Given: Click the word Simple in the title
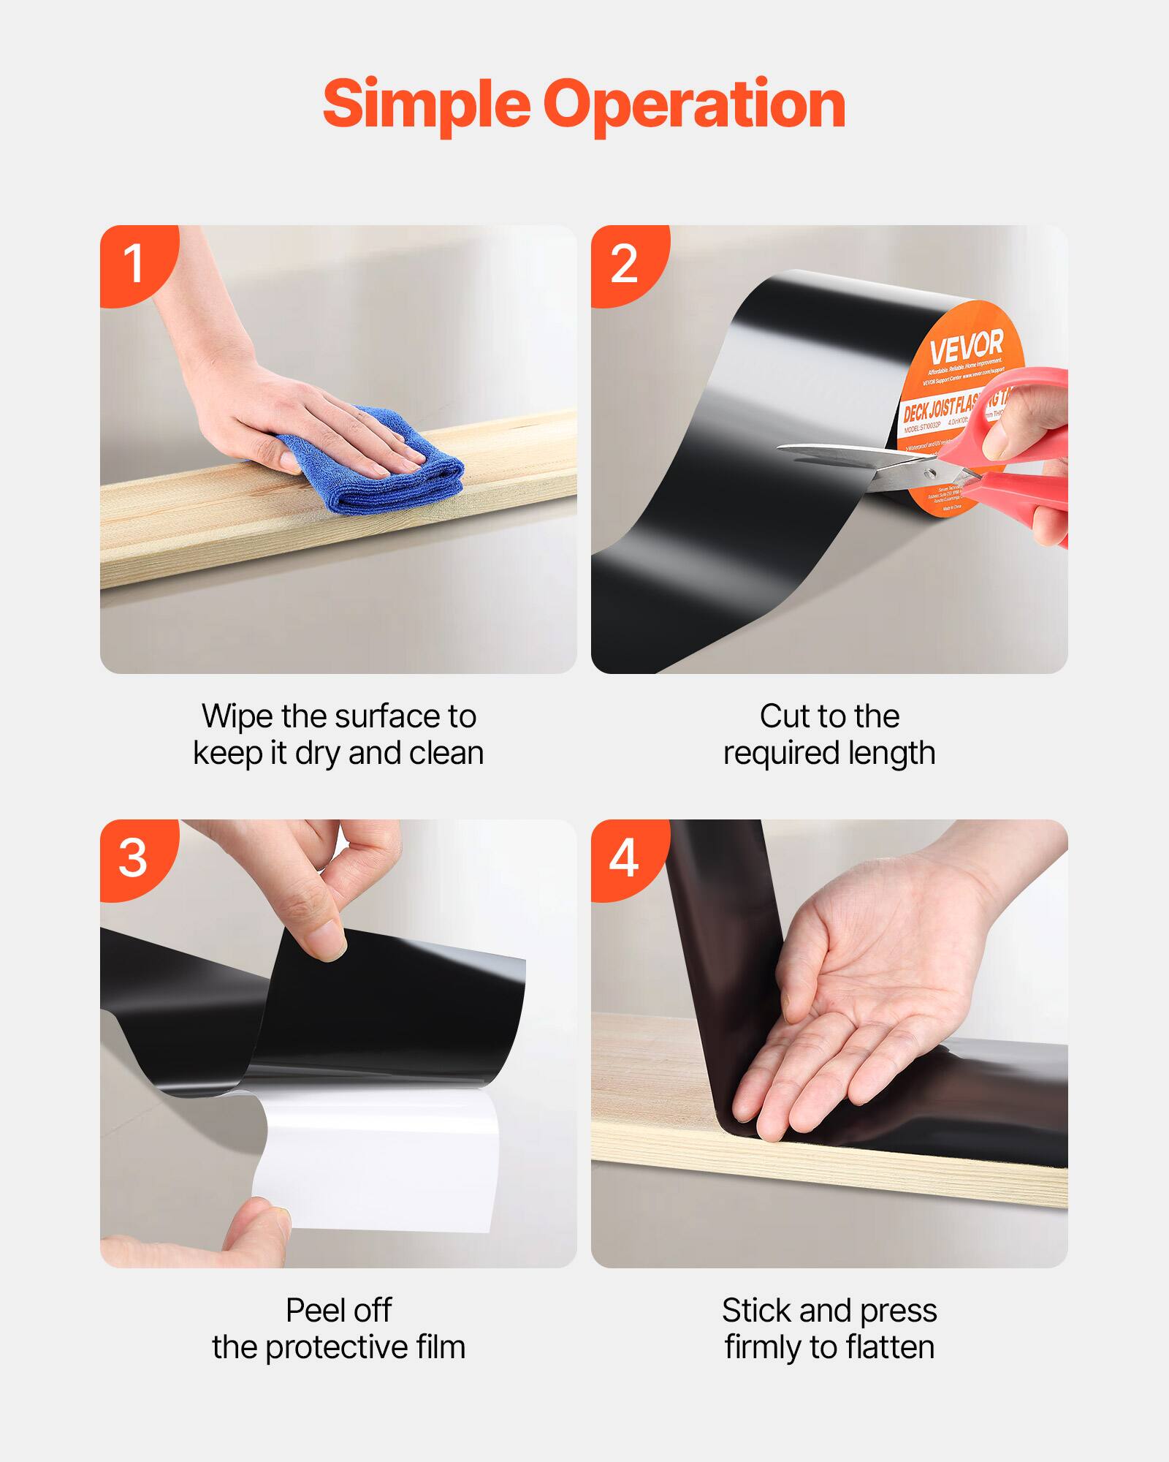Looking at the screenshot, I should coord(426,105).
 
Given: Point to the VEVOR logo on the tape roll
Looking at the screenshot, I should coord(966,346).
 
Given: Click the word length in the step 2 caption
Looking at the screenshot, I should coord(891,754).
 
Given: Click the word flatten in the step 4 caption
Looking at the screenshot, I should coord(889,1347).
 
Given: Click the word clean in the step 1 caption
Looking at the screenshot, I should coord(446,754).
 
